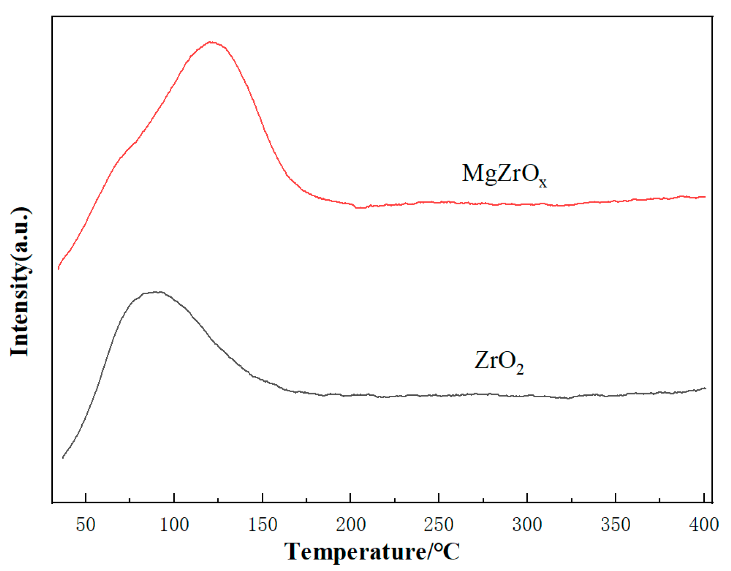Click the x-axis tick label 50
86,525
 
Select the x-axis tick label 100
174,525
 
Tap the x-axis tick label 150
262,525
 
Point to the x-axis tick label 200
351,525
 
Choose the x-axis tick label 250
439,525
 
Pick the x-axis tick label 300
527,525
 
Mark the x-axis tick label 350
615,525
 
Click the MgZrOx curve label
504,174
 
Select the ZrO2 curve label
499,362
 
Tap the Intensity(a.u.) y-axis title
20,282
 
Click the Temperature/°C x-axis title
372,552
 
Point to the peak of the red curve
211,42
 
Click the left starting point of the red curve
59,268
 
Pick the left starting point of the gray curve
63,458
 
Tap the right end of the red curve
705,197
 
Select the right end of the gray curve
706,388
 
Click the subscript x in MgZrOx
543,183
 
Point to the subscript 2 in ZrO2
520,370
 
